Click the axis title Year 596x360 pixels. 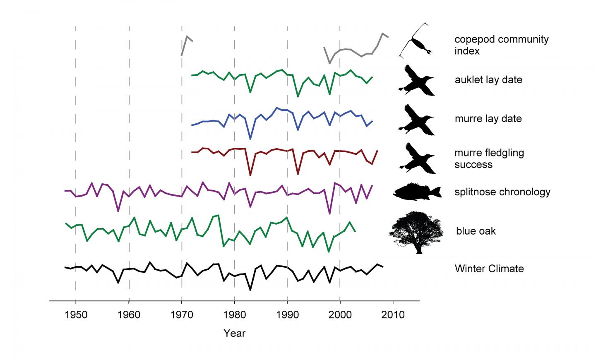pos(234,333)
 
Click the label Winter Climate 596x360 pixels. pos(489,269)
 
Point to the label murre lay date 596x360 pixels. pos(488,119)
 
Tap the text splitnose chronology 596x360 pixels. pos(502,192)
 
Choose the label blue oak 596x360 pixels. pos(476,231)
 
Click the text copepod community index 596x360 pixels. pos(501,45)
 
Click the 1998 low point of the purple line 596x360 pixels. pos(329,214)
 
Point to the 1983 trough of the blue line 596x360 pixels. pos(250,139)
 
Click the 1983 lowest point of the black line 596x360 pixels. pos(250,290)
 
